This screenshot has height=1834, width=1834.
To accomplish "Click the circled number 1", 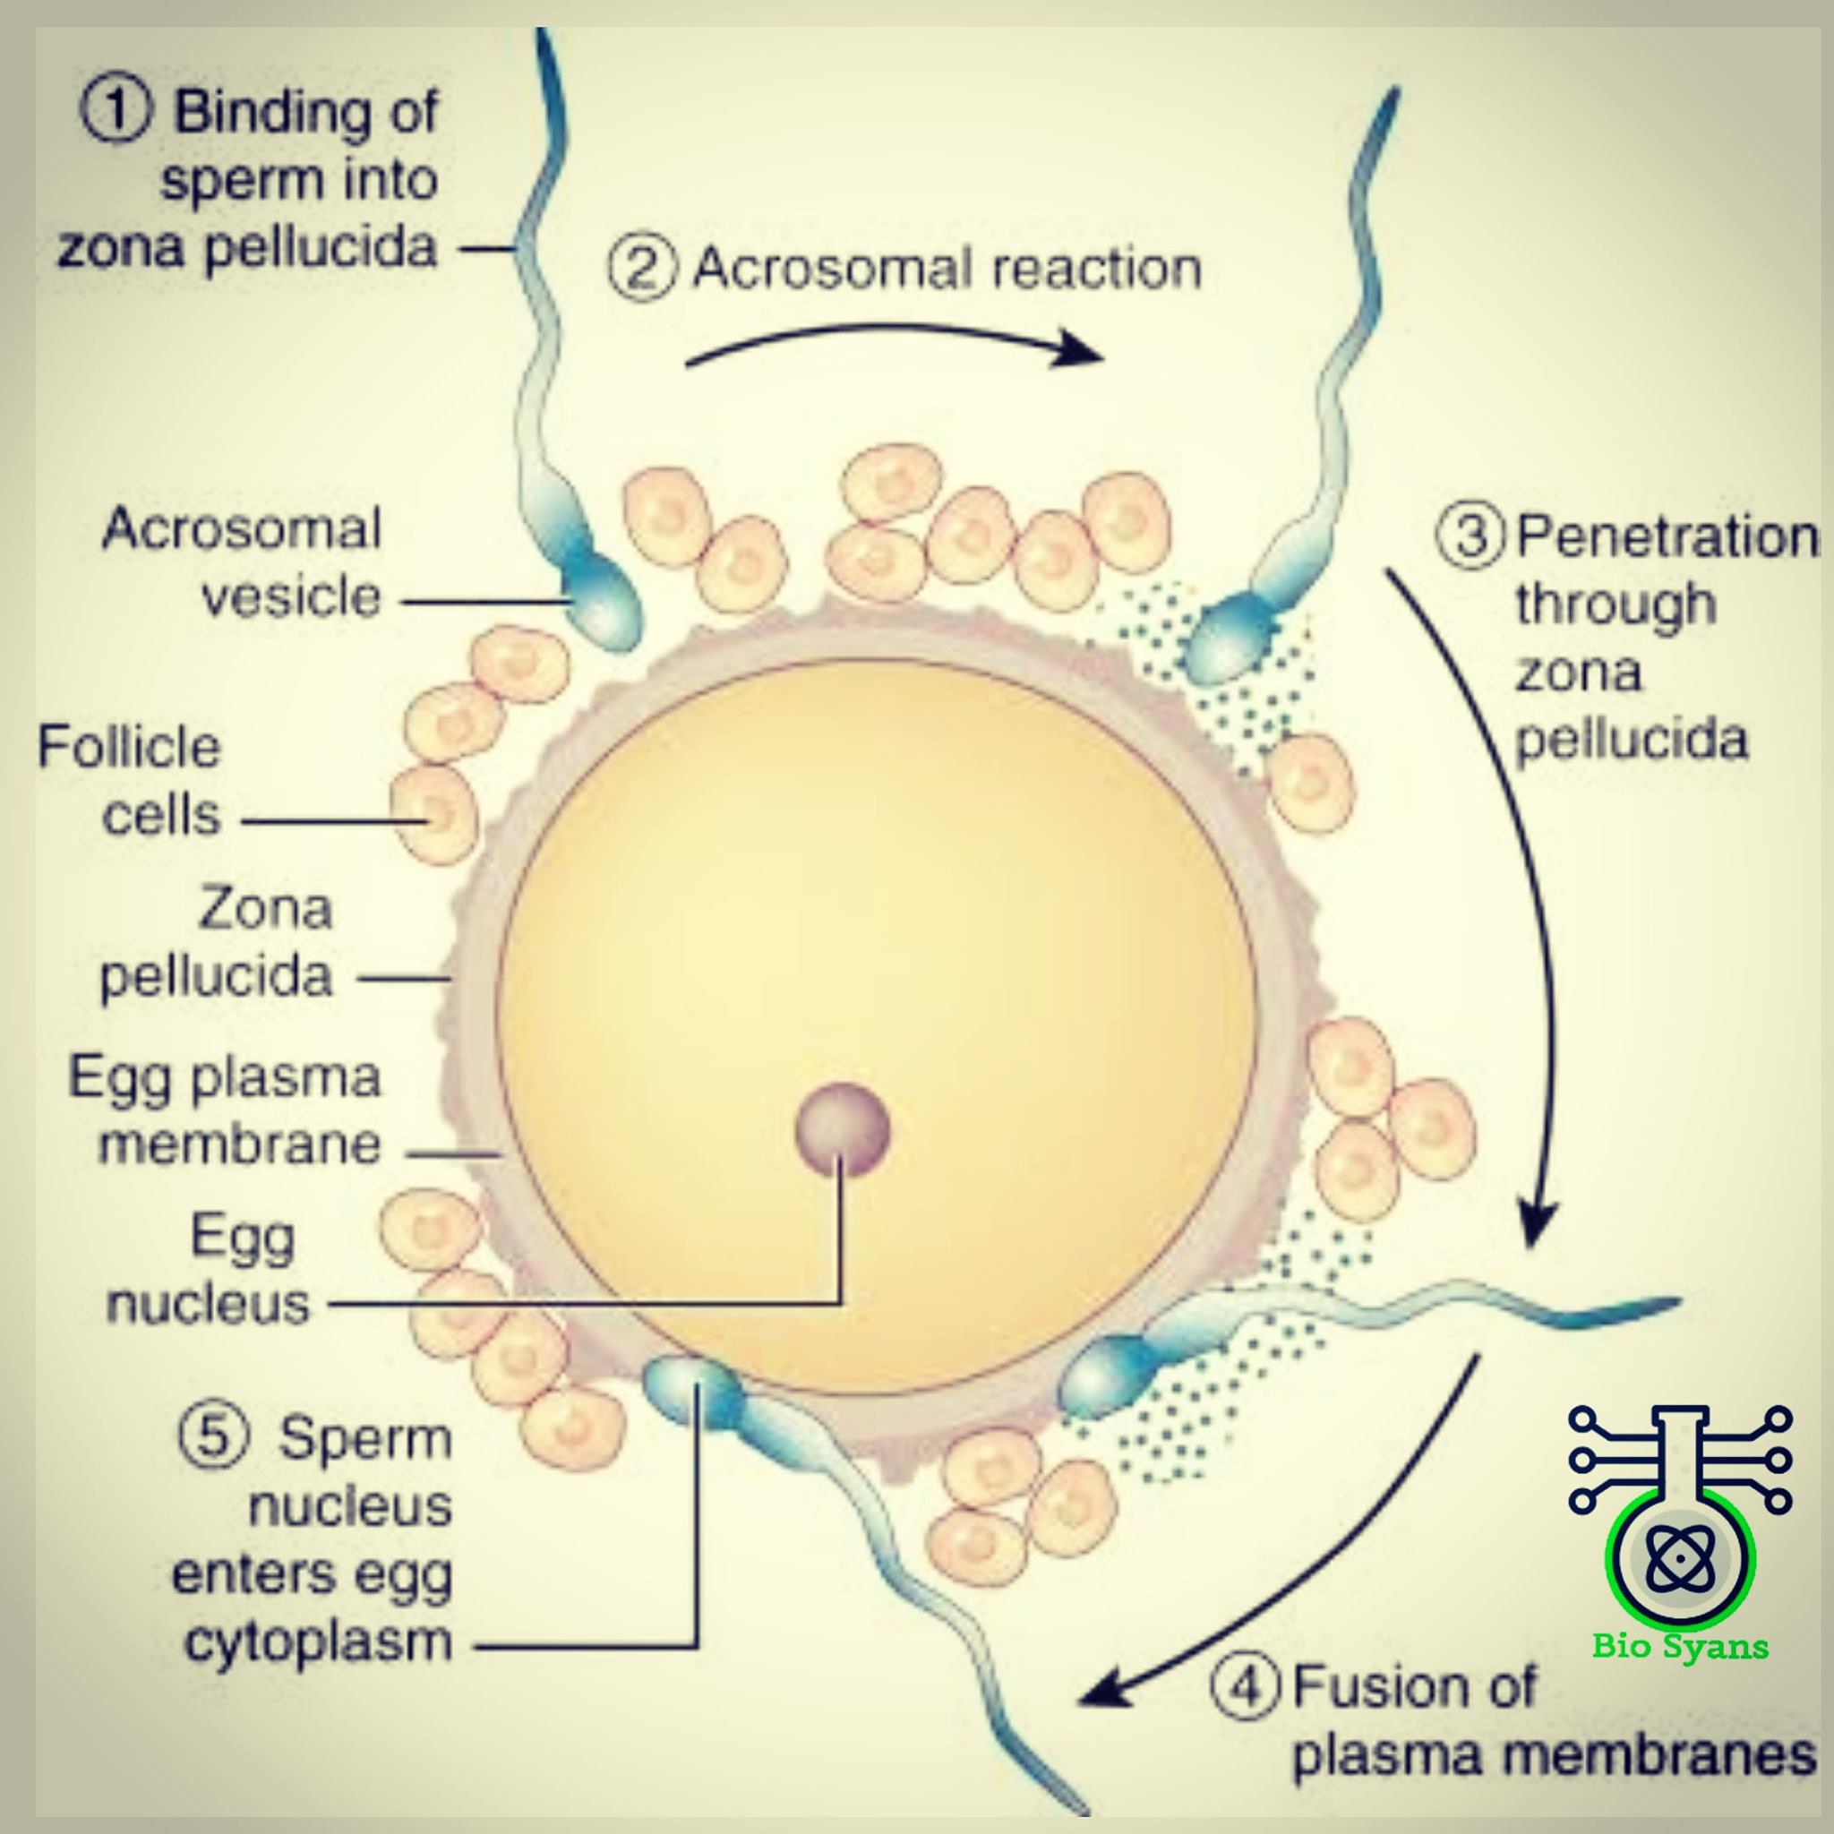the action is (x=115, y=111).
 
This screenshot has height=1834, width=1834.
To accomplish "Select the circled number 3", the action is (x=1470, y=536).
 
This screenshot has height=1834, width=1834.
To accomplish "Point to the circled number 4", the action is (x=1245, y=1686).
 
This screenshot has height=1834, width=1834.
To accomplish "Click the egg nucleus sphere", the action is (x=842, y=1129).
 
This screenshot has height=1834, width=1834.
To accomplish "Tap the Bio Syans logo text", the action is (x=1681, y=1646).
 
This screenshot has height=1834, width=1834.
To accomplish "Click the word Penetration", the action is (x=1667, y=537).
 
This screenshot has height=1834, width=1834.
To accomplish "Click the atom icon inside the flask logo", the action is (x=1681, y=1558).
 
